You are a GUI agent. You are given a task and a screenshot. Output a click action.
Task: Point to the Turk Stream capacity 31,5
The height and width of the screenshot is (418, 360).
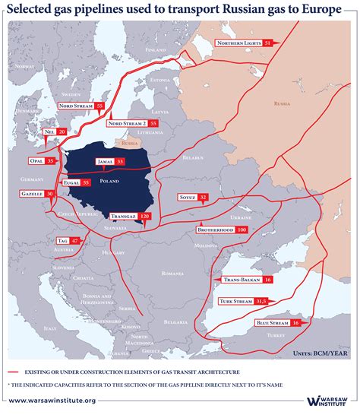261,302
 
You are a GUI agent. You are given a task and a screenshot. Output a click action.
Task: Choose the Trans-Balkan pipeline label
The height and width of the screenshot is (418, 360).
239,280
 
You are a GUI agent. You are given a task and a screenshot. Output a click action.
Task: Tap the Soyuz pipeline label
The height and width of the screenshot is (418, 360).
186,198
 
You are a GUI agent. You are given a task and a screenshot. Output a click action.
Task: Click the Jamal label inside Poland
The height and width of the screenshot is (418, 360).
104,162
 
